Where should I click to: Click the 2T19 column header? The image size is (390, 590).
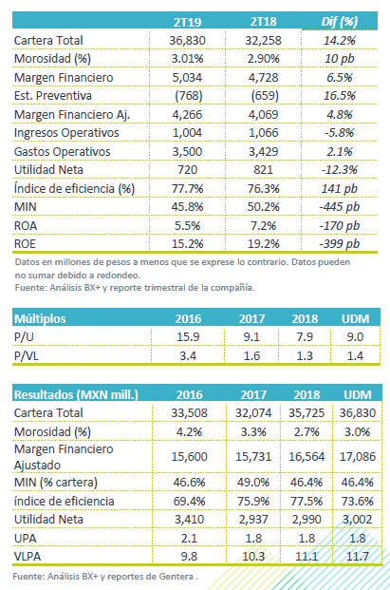[x=187, y=22]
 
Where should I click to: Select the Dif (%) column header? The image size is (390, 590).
[x=340, y=22]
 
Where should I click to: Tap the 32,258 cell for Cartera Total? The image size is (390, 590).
[x=263, y=40]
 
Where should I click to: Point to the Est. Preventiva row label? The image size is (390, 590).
[x=53, y=96]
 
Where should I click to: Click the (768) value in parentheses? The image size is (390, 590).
[x=189, y=96]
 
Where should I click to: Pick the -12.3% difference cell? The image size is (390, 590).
[x=340, y=170]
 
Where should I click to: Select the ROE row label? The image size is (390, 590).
[x=25, y=244]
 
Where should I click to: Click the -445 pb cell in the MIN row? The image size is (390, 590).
[x=340, y=207]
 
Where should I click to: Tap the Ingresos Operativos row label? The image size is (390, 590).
[x=66, y=133]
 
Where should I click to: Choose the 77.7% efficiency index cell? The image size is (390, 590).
[x=188, y=188]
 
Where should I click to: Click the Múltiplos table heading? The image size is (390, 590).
[x=40, y=318]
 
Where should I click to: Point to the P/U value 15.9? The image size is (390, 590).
[x=188, y=336]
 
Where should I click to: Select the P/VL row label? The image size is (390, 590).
[x=27, y=356]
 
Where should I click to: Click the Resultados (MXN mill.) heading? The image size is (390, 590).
[x=76, y=394]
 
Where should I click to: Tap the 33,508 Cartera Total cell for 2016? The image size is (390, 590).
[x=190, y=412]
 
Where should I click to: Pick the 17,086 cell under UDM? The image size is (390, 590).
[x=358, y=456]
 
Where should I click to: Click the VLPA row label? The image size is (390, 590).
[x=28, y=556]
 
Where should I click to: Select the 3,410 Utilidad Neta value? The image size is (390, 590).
[x=190, y=520]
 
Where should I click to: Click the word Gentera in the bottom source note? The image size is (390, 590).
[x=176, y=577]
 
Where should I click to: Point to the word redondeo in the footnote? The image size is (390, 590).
[x=119, y=276]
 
